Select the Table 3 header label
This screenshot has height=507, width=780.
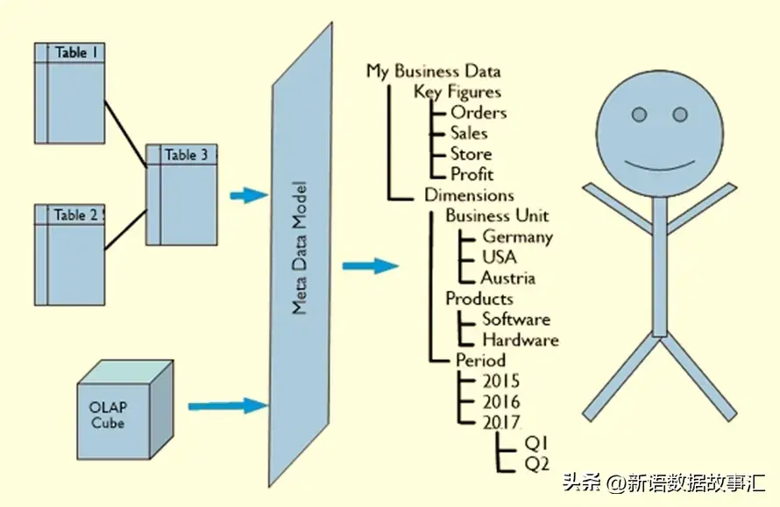186,155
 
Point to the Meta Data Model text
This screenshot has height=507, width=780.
300,249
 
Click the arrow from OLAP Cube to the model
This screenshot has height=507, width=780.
227,405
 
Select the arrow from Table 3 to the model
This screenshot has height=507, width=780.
247,195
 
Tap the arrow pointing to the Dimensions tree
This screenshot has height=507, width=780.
370,265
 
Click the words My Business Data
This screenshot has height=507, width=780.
433,72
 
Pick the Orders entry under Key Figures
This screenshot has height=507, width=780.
478,113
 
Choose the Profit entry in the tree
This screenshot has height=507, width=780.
472,174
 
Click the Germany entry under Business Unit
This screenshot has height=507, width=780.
517,236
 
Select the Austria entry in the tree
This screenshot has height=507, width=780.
507,278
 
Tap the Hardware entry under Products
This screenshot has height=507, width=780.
520,340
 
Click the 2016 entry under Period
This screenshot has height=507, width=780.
500,402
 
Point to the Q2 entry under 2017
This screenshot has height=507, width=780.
536,462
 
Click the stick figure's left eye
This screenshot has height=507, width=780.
639,115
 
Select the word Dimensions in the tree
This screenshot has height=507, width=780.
469,195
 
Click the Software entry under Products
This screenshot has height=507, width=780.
515,319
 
